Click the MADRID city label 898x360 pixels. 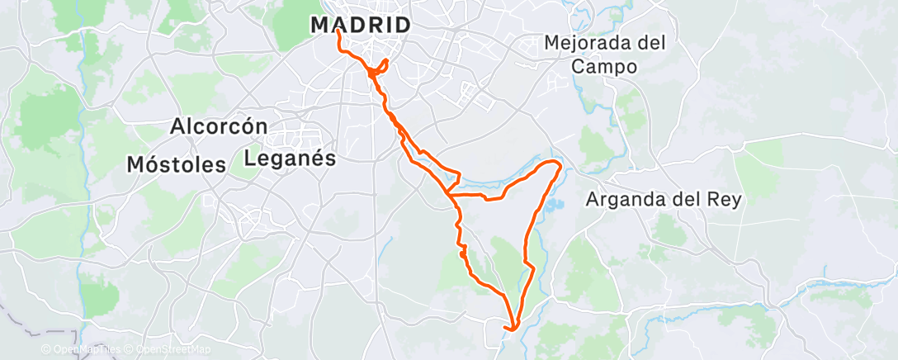[x=361, y=25]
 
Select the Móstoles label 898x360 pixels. [x=176, y=163]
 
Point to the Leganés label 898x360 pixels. [x=291, y=158]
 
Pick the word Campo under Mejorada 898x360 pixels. [x=607, y=67]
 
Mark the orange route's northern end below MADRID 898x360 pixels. [x=339, y=33]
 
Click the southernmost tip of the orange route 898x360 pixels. [x=513, y=330]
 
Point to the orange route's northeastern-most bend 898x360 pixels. [x=560, y=164]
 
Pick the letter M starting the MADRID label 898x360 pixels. [x=322, y=25]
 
